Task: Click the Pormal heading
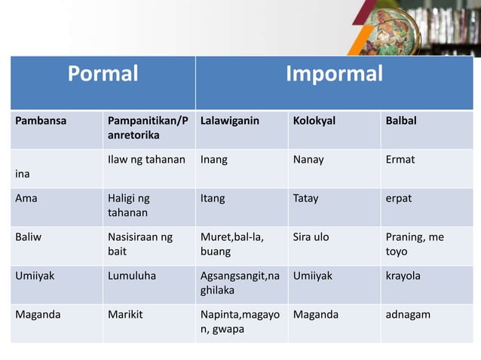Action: pyautogui.click(x=103, y=74)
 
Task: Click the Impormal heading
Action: pyautogui.click(x=334, y=74)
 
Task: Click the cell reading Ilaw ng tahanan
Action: pyautogui.click(x=146, y=160)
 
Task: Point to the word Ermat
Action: pyautogui.click(x=400, y=160)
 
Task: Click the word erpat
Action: pyautogui.click(x=399, y=199)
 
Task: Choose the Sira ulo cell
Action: pyautogui.click(x=311, y=237)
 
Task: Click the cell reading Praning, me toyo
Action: pyautogui.click(x=414, y=245)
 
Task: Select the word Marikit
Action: pyautogui.click(x=126, y=314)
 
